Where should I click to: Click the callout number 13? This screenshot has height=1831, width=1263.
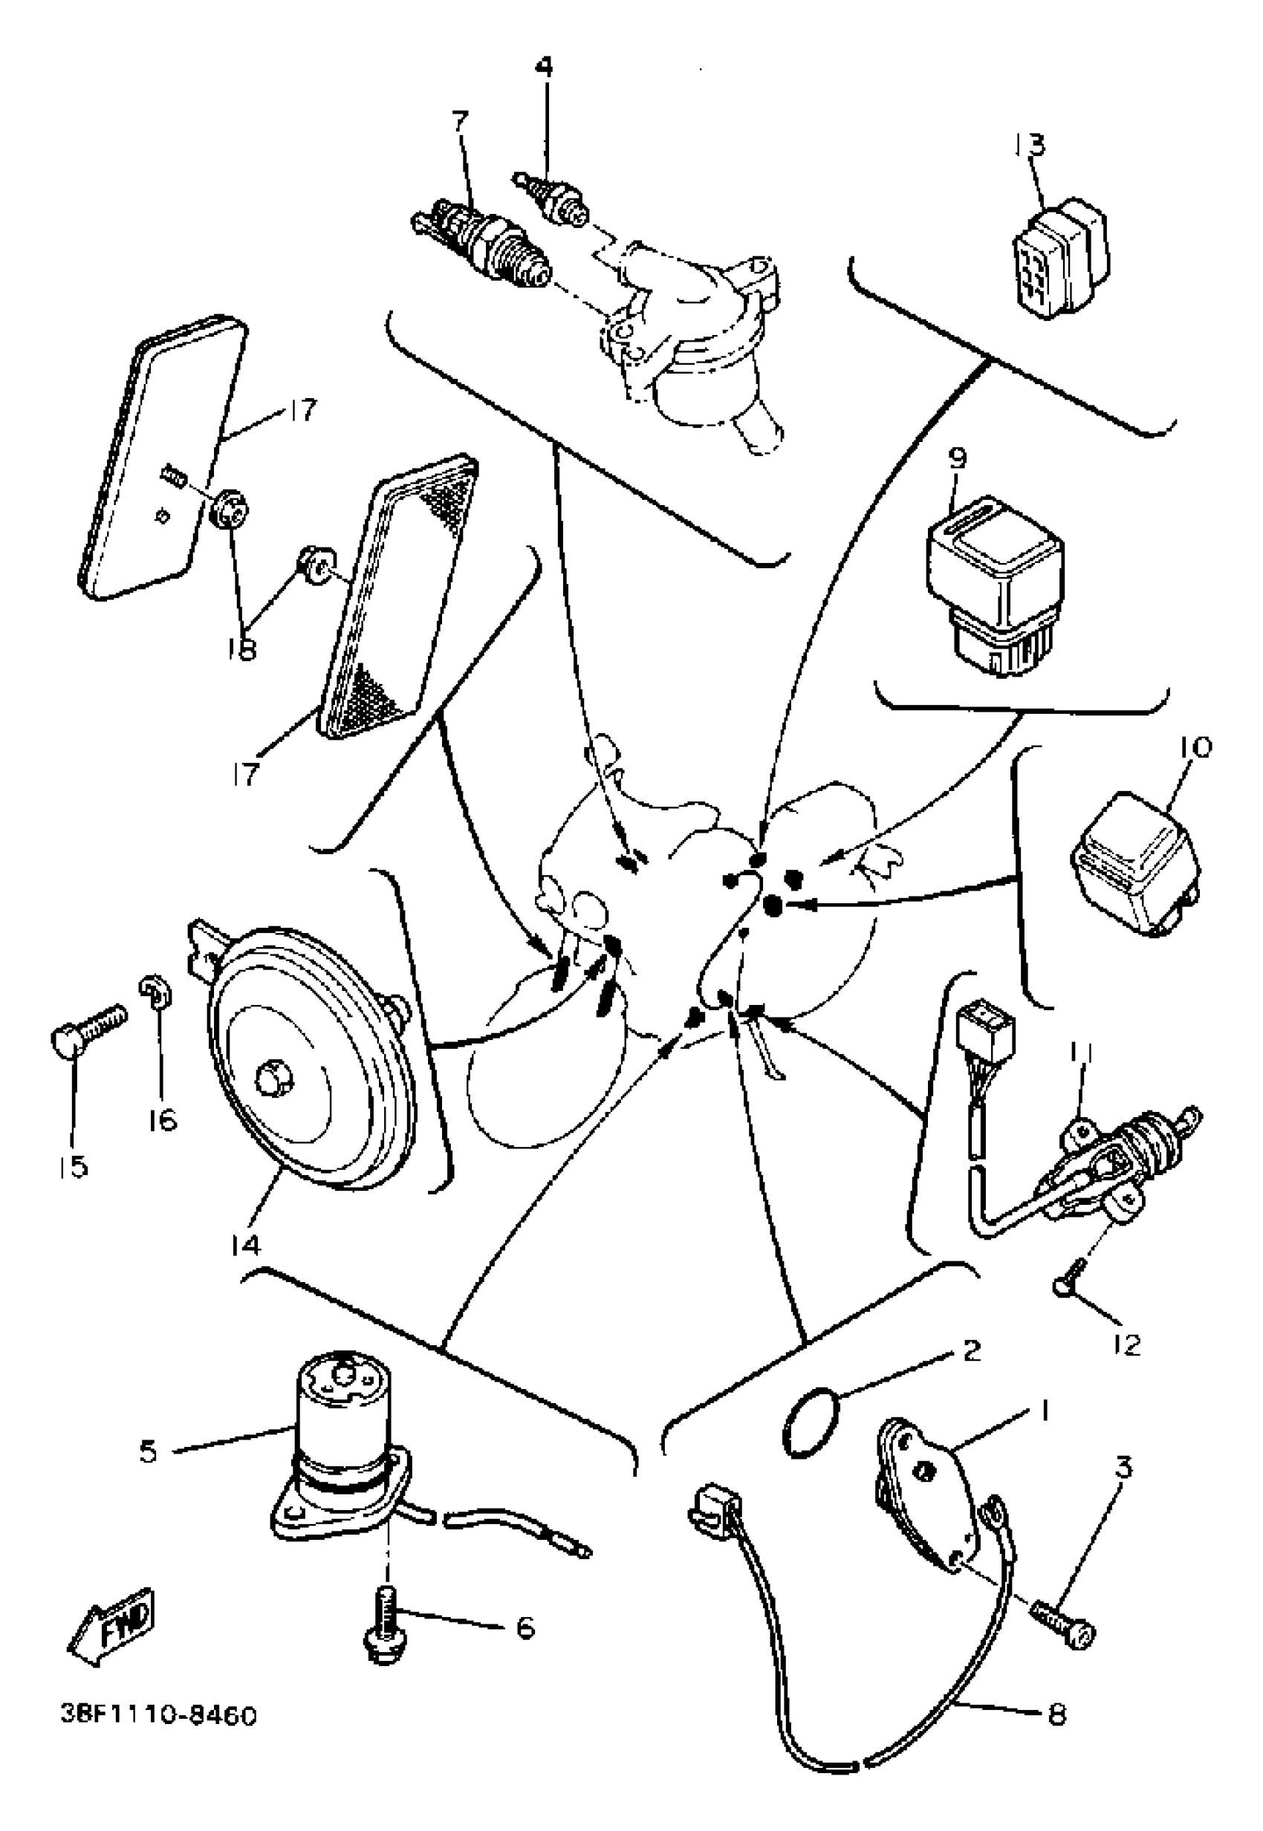1030,145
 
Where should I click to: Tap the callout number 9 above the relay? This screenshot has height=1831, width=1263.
957,459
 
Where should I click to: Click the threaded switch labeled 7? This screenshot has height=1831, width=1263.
483,242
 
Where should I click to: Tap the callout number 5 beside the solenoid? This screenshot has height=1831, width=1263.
148,1453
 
